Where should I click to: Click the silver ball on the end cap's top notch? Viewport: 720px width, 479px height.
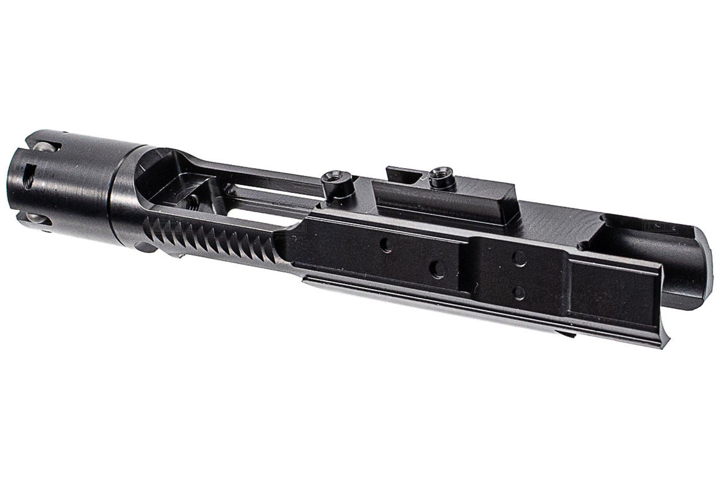pos(42,148)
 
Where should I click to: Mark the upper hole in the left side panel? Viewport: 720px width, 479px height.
pos(386,244)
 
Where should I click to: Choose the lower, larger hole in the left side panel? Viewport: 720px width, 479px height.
pos(437,269)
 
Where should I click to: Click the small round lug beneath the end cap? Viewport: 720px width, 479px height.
pos(144,247)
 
